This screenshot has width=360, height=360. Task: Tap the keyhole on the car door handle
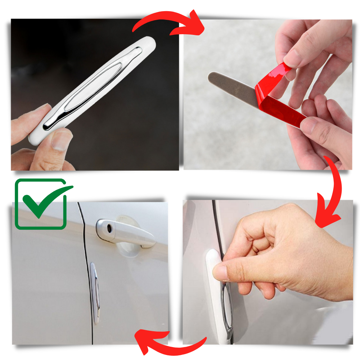pos(109,228)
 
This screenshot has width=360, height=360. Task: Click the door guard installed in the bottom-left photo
pos(94,292)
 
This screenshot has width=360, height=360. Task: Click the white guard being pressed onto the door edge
pos(216,299)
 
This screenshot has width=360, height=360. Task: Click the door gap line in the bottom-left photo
pos(86,252)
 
